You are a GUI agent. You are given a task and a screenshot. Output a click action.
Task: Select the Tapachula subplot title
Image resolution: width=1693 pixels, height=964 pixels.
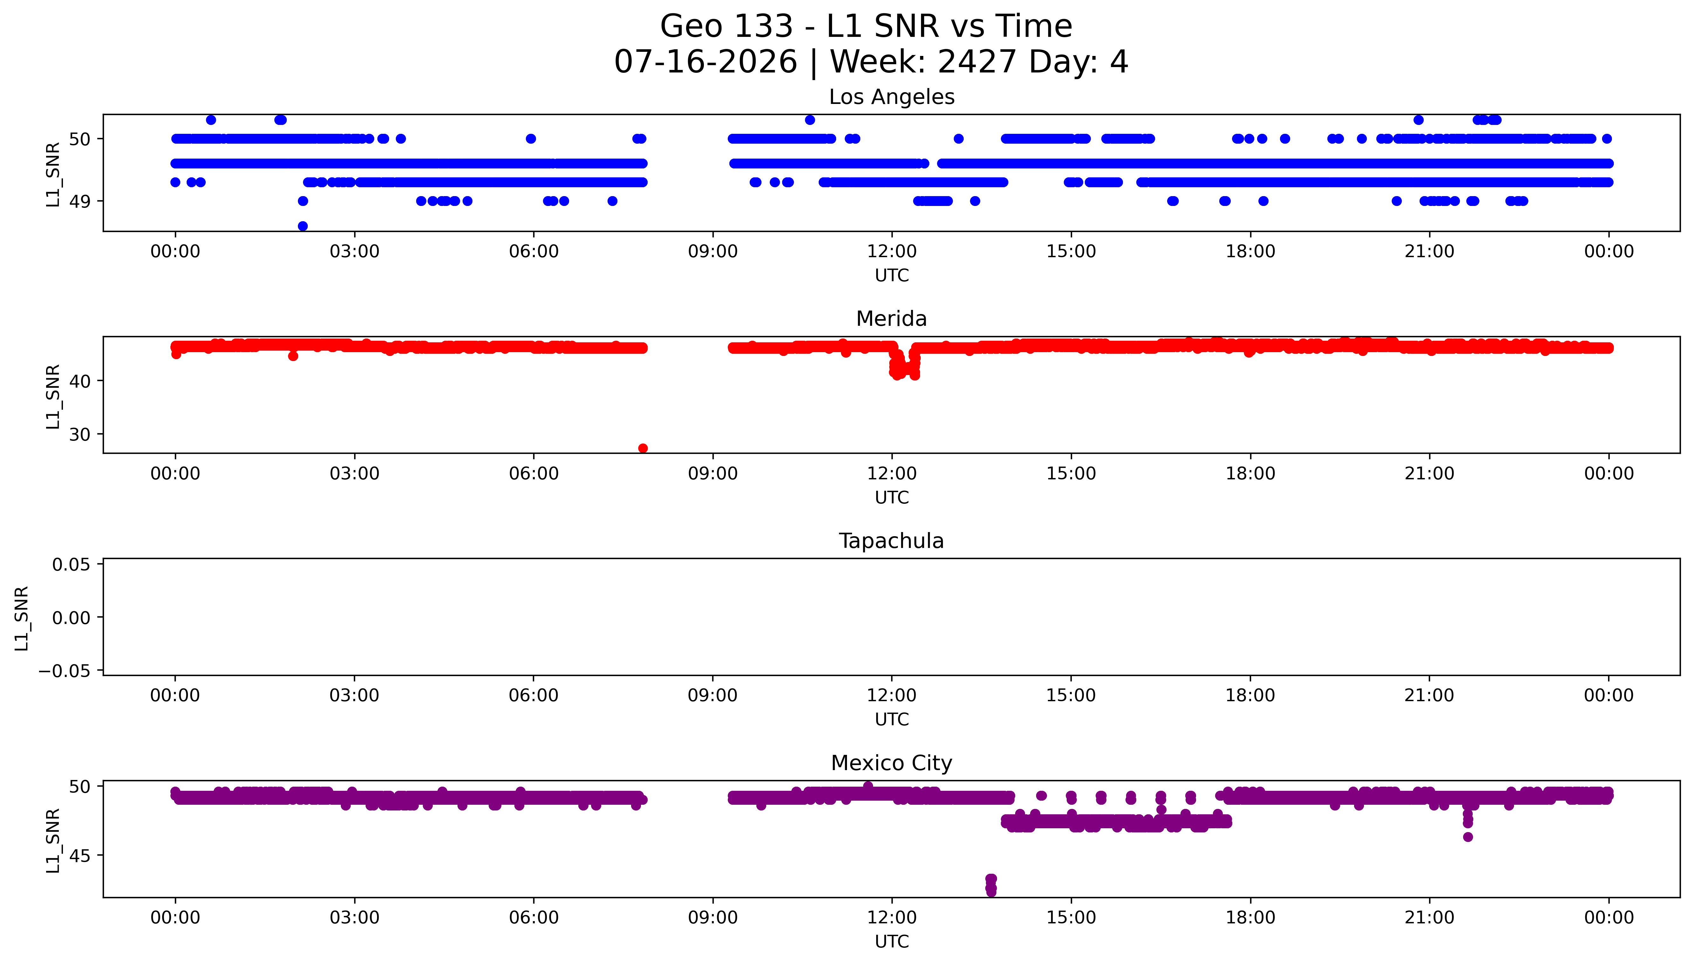tap(891, 541)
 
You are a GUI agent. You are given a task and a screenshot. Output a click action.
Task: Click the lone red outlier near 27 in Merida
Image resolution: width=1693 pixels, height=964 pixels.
tap(642, 448)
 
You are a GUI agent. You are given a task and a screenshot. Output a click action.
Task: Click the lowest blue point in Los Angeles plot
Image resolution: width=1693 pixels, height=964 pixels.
tap(303, 226)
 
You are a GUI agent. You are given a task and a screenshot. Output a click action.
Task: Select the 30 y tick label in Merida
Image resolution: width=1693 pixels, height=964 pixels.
tap(79, 434)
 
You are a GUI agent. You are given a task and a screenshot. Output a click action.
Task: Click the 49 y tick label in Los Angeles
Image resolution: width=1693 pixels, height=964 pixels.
tap(79, 201)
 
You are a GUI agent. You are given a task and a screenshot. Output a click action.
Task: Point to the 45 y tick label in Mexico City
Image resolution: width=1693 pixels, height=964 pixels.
tap(79, 855)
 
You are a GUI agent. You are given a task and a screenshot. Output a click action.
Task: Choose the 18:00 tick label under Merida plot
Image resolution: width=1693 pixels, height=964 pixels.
tap(1250, 473)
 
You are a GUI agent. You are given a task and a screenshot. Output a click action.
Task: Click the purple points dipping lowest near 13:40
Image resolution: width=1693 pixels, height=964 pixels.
tap(990, 885)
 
